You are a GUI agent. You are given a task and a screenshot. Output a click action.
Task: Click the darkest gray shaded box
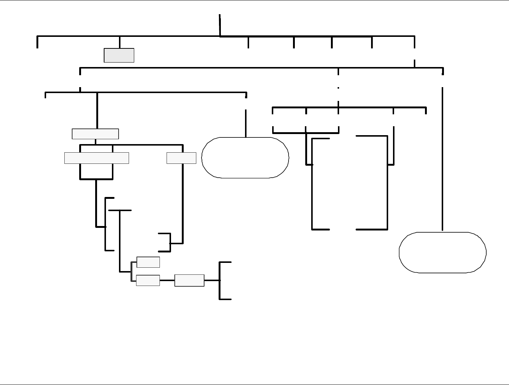click(119, 55)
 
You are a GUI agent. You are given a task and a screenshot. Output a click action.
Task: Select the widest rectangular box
click(97, 158)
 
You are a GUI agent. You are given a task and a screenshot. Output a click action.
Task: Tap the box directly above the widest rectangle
click(95, 134)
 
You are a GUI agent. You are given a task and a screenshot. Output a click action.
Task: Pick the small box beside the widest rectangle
click(181, 158)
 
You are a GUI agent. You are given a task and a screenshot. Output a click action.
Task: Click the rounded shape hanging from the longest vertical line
click(442, 252)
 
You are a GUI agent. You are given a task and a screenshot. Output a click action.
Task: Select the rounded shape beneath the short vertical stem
click(245, 157)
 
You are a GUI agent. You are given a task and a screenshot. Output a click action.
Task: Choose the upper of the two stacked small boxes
click(148, 262)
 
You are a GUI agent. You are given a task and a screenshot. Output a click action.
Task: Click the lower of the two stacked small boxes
click(148, 280)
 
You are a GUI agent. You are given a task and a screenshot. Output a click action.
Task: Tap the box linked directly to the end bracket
click(189, 280)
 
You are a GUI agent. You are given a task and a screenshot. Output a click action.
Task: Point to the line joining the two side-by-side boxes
click(167, 280)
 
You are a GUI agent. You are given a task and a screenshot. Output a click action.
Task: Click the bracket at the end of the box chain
click(220, 280)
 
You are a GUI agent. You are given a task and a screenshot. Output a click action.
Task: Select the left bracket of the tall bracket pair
click(313, 184)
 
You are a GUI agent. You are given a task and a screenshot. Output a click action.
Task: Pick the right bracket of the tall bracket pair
click(387, 182)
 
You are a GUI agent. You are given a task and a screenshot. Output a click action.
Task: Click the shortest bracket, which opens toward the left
click(170, 242)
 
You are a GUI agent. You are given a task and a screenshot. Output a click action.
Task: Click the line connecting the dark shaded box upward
click(119, 42)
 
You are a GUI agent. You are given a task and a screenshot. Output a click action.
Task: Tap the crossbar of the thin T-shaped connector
click(120, 210)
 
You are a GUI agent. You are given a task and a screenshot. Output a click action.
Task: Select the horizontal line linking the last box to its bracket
click(212, 280)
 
